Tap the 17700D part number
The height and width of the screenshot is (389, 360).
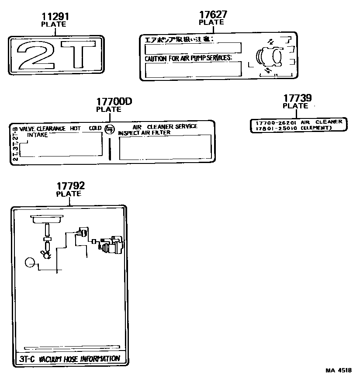pos(114,102)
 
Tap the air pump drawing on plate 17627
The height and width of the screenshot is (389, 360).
pos(269,57)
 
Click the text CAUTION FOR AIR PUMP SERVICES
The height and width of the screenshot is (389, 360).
pos(188,58)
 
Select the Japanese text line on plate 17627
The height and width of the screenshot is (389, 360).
pos(179,40)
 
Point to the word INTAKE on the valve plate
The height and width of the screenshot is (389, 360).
pos(38,135)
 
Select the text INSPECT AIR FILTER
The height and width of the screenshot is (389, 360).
pos(144,132)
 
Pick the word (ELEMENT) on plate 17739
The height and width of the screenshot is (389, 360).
pos(316,128)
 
